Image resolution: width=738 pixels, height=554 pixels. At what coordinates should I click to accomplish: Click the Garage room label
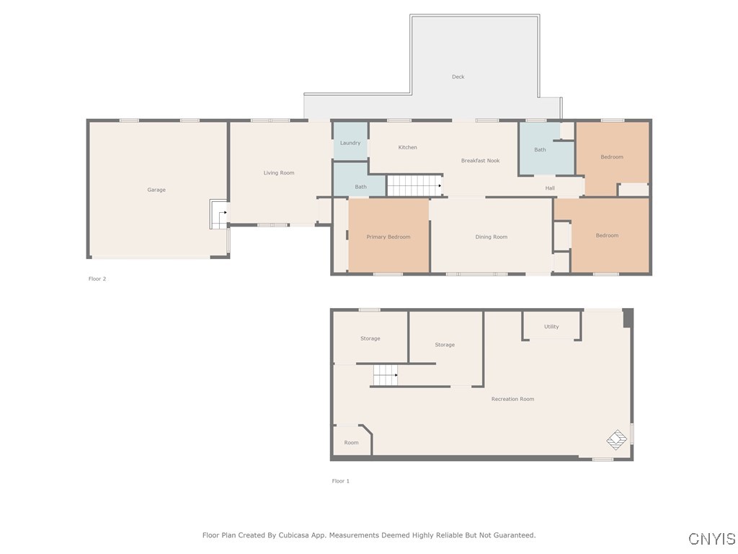point(156,190)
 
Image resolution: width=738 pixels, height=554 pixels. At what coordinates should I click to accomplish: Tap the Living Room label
point(279,173)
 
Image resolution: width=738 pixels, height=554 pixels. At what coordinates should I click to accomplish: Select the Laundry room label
point(350,143)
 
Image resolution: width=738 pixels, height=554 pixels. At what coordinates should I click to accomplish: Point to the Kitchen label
point(408,147)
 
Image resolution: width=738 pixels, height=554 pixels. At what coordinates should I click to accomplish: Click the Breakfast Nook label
point(480,161)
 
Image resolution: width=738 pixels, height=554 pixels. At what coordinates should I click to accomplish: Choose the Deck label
point(458,76)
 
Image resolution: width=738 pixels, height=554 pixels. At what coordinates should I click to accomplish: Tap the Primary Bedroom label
point(388,237)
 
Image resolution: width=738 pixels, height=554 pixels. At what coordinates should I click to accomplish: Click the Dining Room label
point(492,237)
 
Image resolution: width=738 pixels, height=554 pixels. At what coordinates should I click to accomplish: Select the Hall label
point(550,188)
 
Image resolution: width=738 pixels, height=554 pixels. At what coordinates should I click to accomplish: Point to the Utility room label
point(551,327)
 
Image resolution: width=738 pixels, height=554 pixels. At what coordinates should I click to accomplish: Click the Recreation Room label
point(512,399)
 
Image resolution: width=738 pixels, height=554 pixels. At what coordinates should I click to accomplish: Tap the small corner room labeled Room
point(351,443)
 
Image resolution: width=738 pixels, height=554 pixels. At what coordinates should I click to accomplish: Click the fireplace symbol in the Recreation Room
point(617,438)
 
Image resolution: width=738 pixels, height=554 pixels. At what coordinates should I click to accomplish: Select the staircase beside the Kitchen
point(414,185)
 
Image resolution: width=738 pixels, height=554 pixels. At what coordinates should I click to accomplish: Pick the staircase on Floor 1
point(385,375)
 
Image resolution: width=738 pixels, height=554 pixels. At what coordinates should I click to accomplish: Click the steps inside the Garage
point(218,214)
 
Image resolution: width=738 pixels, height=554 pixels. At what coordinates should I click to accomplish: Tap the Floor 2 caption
point(97,278)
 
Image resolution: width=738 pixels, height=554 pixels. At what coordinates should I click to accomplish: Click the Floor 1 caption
point(341,481)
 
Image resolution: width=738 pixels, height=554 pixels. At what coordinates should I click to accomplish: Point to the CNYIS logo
point(712,539)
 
